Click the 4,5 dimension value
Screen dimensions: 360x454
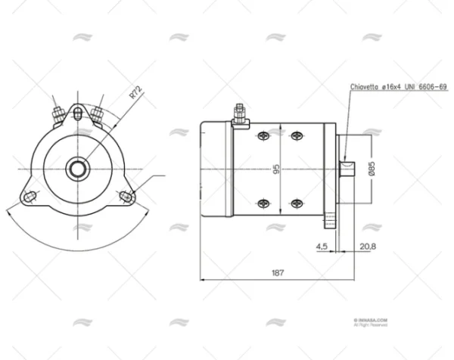point(321,246)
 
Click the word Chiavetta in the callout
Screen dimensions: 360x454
point(365,87)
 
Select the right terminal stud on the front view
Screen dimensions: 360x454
point(97,113)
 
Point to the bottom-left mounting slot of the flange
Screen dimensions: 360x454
point(31,197)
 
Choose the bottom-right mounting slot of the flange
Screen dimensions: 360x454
point(126,197)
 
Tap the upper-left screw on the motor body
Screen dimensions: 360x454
point(263,135)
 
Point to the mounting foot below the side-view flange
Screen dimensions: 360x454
point(331,222)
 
